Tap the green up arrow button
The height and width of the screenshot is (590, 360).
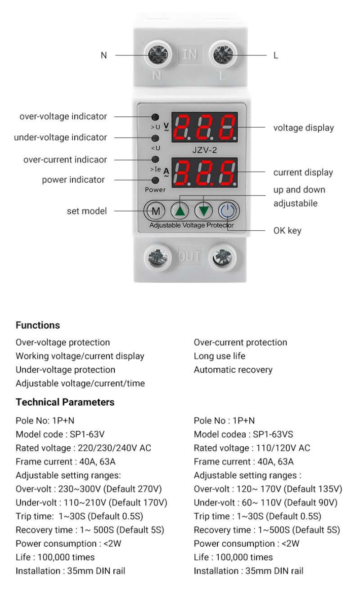[180, 210]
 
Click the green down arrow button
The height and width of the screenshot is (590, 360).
[204, 210]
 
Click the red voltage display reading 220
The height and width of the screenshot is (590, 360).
[205, 127]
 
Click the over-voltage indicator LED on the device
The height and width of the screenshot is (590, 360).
[155, 117]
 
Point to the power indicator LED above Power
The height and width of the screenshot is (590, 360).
[155, 180]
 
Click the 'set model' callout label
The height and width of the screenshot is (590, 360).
[87, 211]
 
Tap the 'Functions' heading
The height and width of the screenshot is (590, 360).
[38, 325]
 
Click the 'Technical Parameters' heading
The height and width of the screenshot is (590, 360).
[65, 402]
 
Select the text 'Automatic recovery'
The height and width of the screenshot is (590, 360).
[233, 370]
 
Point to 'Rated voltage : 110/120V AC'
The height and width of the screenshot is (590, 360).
[252, 448]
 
